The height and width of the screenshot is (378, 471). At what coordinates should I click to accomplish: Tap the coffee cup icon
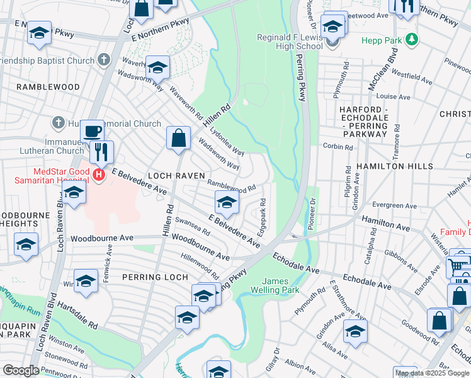92,131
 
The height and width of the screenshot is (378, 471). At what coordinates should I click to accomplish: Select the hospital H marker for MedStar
99,175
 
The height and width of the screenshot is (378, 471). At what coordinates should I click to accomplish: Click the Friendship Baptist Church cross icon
104,60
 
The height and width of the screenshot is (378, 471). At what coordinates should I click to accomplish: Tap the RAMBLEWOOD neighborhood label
48,87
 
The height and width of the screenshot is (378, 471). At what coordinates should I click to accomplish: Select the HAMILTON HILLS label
394,166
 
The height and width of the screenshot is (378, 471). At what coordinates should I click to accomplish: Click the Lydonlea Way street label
227,144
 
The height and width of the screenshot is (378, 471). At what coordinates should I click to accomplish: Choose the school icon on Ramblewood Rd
227,202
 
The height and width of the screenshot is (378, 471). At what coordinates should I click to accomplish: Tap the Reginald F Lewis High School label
290,42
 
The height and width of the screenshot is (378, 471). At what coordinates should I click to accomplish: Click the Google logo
21,370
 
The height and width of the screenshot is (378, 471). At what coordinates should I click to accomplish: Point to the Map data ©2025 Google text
431,373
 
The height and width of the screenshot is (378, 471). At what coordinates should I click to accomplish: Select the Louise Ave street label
393,97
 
